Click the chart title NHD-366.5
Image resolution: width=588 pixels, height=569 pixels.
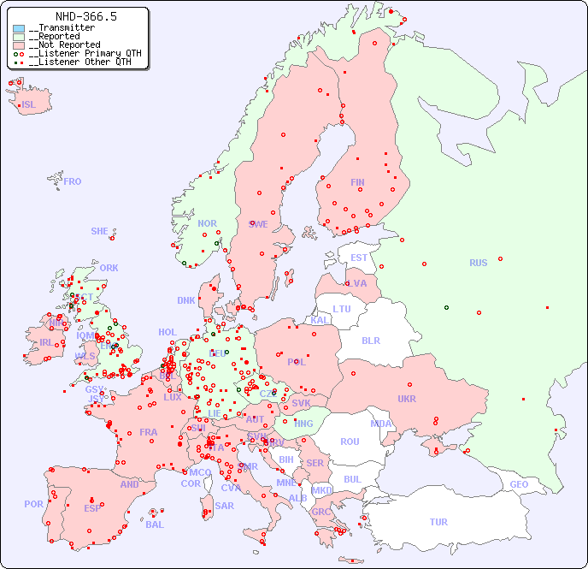[x=85, y=16]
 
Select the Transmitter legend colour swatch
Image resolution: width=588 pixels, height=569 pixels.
[x=19, y=28]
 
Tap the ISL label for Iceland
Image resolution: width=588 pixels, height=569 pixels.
[x=29, y=105]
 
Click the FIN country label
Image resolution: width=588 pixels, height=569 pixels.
[x=357, y=182]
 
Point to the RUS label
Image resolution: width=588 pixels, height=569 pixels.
[x=478, y=263]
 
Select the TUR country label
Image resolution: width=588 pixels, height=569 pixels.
[x=438, y=522]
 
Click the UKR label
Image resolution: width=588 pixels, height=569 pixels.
[x=407, y=399]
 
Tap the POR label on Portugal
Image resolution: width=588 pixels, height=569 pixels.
[x=33, y=504]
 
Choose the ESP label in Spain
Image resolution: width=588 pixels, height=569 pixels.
[x=92, y=507]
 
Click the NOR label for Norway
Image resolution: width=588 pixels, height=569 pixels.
[x=207, y=223]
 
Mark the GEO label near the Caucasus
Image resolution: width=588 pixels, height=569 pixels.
[x=519, y=484]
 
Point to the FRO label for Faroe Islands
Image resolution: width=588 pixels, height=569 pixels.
[x=73, y=181]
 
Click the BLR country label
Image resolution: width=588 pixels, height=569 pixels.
[x=371, y=340]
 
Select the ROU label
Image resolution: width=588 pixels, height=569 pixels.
[x=350, y=442]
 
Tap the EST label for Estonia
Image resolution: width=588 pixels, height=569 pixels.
[x=359, y=258]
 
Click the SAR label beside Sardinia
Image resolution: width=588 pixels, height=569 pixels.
[x=224, y=506]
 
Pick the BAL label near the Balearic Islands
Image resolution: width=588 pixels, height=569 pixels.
[x=155, y=525]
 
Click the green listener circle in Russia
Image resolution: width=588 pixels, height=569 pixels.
[x=446, y=307]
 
